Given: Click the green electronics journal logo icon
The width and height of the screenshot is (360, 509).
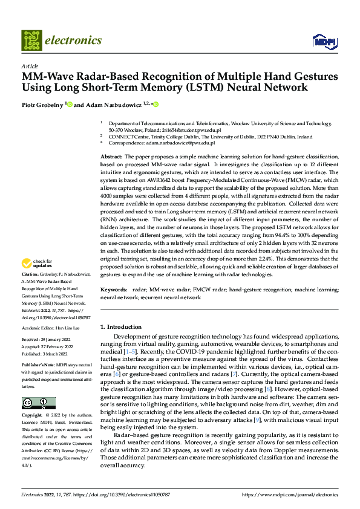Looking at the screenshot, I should coord(33,41).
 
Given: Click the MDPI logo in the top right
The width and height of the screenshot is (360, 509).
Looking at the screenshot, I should coord(324,41).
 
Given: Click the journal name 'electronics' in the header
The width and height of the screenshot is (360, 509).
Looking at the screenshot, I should coord(75,41).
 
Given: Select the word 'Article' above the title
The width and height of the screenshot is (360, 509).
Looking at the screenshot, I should coord(29,66).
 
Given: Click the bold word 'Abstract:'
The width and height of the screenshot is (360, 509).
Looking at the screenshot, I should coord(113,157).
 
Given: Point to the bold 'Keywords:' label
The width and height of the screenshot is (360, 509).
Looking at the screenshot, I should coord(115,290).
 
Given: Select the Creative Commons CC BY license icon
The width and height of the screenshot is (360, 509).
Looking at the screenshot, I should coord(38,403).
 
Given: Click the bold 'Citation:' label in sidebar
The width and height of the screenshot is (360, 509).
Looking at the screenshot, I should coord(31,290).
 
